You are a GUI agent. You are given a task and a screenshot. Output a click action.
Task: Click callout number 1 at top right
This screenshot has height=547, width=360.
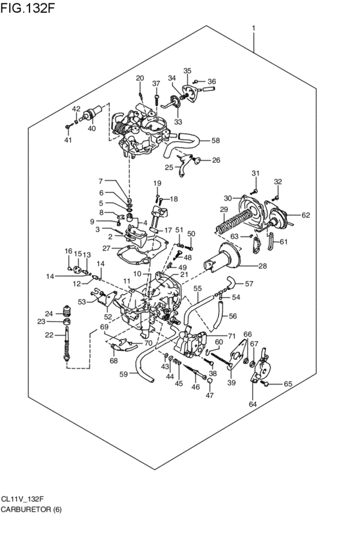255,28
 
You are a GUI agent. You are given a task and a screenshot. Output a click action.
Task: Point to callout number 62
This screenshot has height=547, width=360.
306,215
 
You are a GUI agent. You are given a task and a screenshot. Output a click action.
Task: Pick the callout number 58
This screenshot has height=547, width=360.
215,140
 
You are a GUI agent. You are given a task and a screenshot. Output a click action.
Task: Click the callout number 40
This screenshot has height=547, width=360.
91,129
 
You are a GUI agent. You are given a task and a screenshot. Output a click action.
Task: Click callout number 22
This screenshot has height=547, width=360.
50,335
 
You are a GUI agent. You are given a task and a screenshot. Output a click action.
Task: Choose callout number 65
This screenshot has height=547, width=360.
288,384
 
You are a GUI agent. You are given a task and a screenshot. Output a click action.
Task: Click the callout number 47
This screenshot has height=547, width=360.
209,396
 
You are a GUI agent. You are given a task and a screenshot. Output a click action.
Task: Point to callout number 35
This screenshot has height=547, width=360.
188,71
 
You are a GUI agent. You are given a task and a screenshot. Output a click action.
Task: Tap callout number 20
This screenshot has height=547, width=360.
139,78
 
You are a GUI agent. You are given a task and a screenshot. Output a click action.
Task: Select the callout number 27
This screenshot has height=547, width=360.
106,247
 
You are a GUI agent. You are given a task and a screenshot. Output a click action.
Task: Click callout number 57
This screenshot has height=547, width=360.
249,283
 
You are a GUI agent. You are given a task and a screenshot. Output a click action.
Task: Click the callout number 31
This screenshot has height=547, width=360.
255,174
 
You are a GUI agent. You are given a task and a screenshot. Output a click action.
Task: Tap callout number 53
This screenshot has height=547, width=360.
82,301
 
